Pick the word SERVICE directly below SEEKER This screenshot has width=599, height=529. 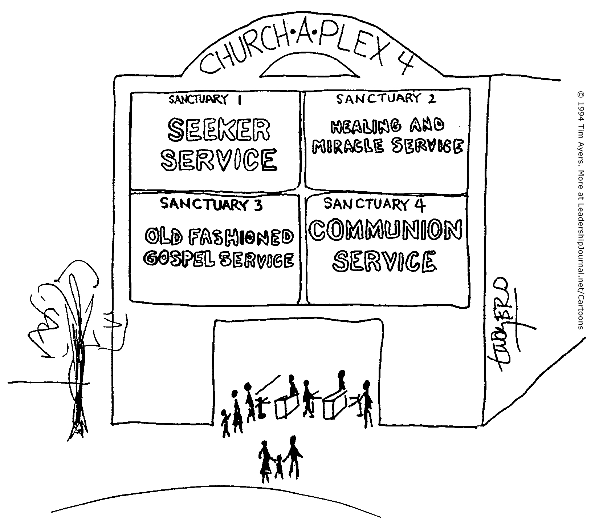(219, 160)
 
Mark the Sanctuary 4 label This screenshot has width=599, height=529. (374, 205)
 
